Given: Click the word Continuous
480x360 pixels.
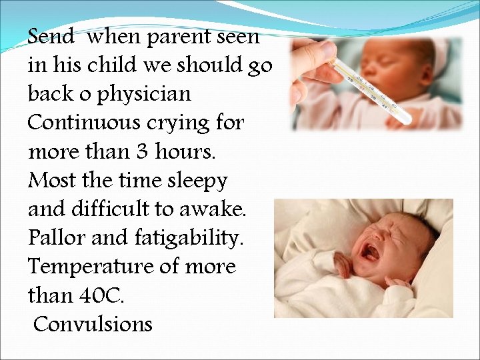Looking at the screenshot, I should click(x=83, y=123).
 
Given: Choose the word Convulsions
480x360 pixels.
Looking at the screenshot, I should click(x=93, y=325).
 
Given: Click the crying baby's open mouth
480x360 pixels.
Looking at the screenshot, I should click(x=369, y=252).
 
